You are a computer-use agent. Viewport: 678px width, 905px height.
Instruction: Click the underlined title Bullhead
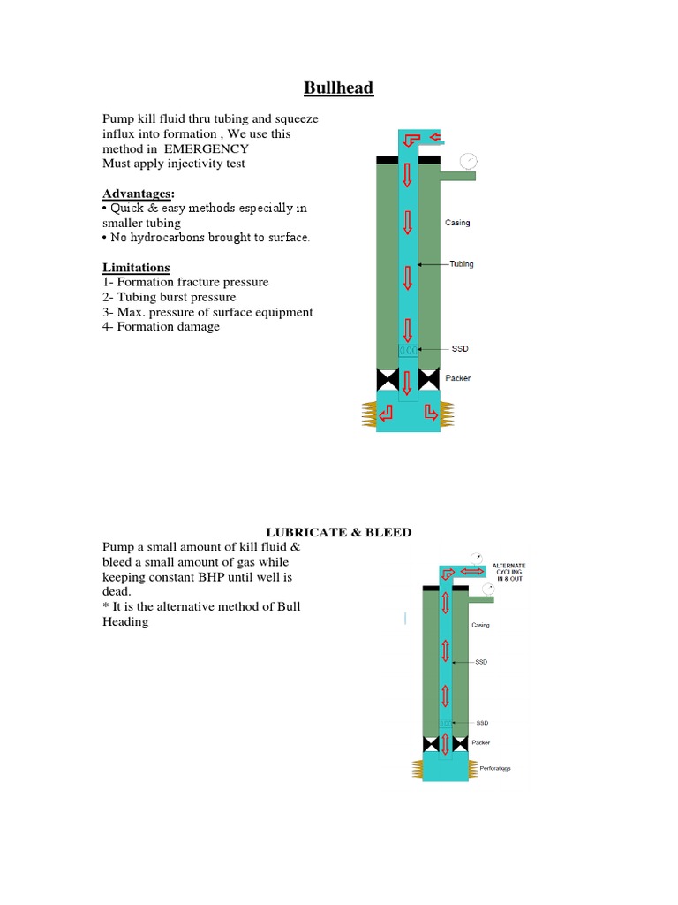[339, 87]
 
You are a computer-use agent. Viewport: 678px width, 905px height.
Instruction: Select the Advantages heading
[138, 194]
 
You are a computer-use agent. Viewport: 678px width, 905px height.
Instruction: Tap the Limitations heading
[136, 268]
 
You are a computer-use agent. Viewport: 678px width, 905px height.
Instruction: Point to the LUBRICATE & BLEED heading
[339, 531]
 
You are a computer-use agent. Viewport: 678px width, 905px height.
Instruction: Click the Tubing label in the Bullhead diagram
[461, 264]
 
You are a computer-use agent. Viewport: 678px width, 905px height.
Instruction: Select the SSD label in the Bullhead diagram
[459, 349]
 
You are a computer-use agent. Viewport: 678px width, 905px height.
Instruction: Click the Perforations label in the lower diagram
[495, 768]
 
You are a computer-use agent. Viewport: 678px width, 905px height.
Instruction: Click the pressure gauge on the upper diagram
[468, 161]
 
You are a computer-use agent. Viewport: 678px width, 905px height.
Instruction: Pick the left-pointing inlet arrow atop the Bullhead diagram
[433, 137]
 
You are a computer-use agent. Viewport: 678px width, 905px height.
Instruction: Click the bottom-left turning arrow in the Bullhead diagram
[386, 411]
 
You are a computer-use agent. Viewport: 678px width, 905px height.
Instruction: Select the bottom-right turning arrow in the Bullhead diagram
[430, 411]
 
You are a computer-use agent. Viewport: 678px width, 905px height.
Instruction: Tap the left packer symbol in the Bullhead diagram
[387, 380]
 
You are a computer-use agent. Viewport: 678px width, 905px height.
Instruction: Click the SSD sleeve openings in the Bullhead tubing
[408, 351]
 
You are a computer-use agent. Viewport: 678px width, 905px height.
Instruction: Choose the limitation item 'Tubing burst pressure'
[169, 297]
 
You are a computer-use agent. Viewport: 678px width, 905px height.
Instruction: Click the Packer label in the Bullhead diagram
[458, 378]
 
